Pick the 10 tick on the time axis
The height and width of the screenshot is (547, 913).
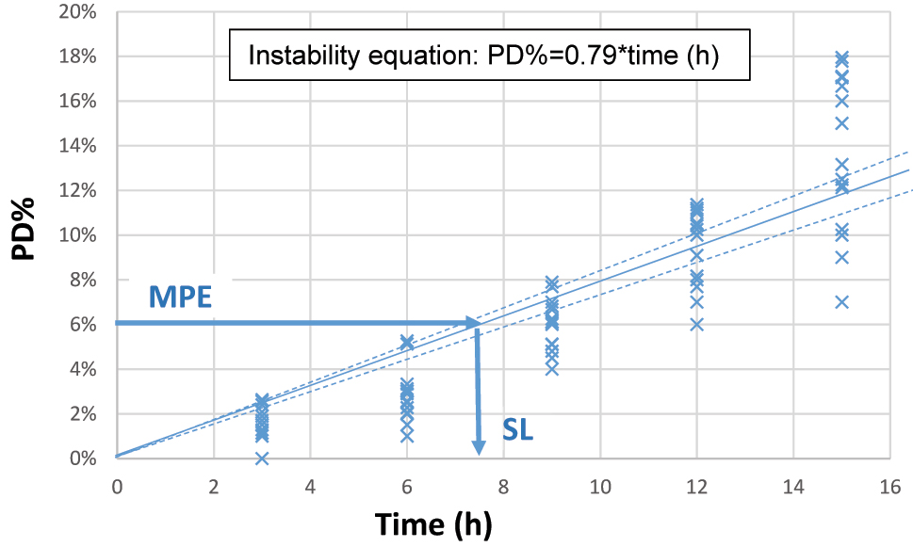599,487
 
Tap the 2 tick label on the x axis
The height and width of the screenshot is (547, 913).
213,487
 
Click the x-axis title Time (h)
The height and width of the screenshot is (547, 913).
432,523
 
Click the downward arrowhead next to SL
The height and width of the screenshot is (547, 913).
479,446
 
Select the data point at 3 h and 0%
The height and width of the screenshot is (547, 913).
262,459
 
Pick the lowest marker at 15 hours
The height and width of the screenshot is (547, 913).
841,302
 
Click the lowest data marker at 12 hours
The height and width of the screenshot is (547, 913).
696,325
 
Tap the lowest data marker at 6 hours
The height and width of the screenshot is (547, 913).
407,436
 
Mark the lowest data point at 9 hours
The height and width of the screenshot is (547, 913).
551,369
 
